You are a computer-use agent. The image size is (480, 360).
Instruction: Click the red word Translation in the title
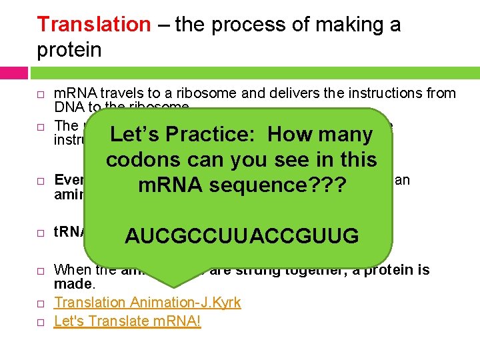pos(94,25)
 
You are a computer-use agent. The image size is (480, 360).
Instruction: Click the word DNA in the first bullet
pos(67,107)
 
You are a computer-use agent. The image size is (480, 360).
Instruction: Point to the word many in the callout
pos(345,135)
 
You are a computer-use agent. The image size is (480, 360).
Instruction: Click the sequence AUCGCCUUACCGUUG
pos(242,236)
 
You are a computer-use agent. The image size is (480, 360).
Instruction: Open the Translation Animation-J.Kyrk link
pos(147,303)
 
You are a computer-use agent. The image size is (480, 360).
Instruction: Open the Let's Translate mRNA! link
pos(127,321)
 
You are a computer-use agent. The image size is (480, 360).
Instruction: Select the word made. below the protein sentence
pos(69,284)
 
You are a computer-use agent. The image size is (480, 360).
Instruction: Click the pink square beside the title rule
pos(14,73)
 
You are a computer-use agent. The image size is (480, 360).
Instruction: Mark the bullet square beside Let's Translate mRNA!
pos(41,322)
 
